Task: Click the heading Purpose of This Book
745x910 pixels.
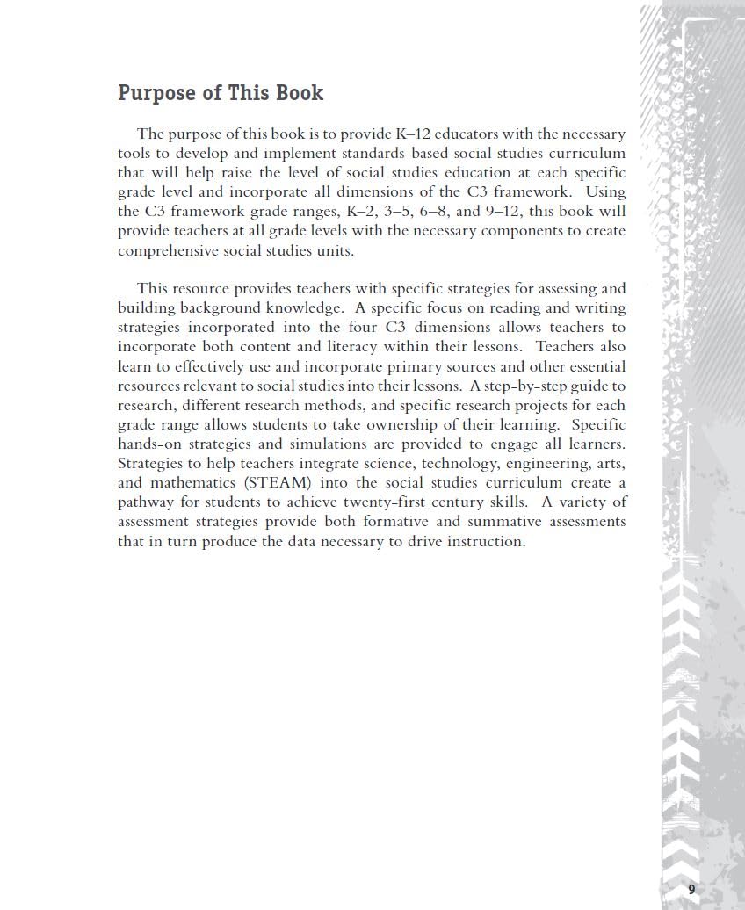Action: [221, 93]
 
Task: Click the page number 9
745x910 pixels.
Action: [691, 889]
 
